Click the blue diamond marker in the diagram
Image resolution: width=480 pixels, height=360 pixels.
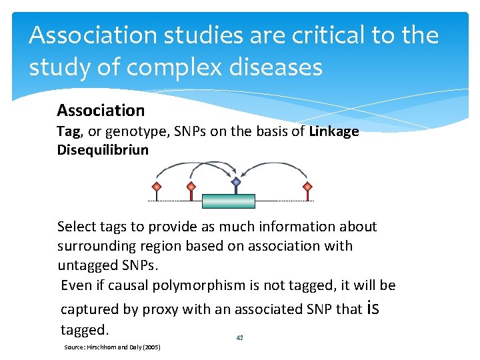(235, 181)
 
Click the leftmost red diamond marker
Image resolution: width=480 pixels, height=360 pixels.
(157, 185)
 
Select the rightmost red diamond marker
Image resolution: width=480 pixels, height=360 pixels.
(307, 185)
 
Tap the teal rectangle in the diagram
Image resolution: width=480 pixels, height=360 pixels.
(229, 201)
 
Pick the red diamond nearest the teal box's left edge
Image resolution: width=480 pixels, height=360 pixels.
(191, 186)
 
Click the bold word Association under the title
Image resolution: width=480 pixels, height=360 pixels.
(101, 110)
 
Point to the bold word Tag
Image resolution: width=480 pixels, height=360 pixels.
(69, 131)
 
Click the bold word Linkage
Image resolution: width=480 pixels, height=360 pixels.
(334, 131)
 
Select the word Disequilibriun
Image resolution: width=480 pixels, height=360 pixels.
(103, 149)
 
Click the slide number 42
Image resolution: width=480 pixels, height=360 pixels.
(240, 338)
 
